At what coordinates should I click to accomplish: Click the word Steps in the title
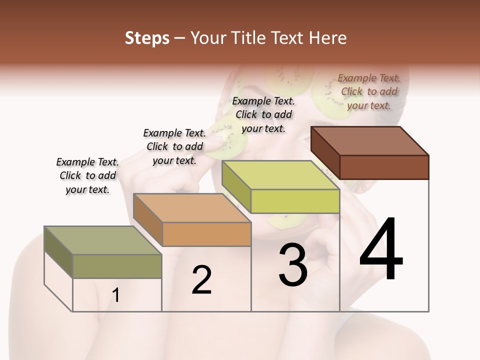click(x=146, y=38)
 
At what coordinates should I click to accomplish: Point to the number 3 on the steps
click(x=293, y=265)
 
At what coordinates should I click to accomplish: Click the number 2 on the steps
click(x=202, y=280)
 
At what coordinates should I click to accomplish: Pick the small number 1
click(x=116, y=295)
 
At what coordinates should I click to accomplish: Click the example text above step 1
click(x=87, y=175)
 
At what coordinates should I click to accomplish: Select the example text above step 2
click(x=174, y=146)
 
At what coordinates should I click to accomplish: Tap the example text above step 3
click(x=263, y=114)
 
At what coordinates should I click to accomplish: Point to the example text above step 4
click(x=369, y=91)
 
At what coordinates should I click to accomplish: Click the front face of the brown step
click(x=384, y=167)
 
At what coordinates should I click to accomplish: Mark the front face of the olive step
click(x=117, y=266)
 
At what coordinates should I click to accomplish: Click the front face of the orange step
click(x=206, y=234)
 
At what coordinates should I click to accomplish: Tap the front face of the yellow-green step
click(x=295, y=201)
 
